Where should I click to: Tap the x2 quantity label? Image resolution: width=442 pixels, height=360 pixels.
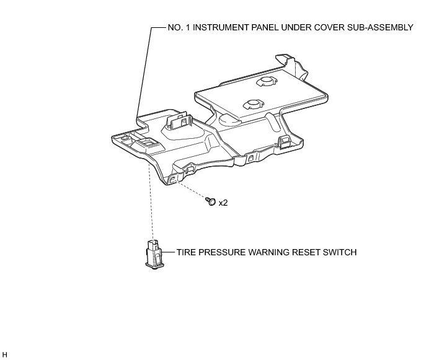tap(223, 203)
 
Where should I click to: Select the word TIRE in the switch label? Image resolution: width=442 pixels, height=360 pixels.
tap(186, 253)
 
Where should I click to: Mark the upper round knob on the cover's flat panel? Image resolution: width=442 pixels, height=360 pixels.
tap(270, 81)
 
